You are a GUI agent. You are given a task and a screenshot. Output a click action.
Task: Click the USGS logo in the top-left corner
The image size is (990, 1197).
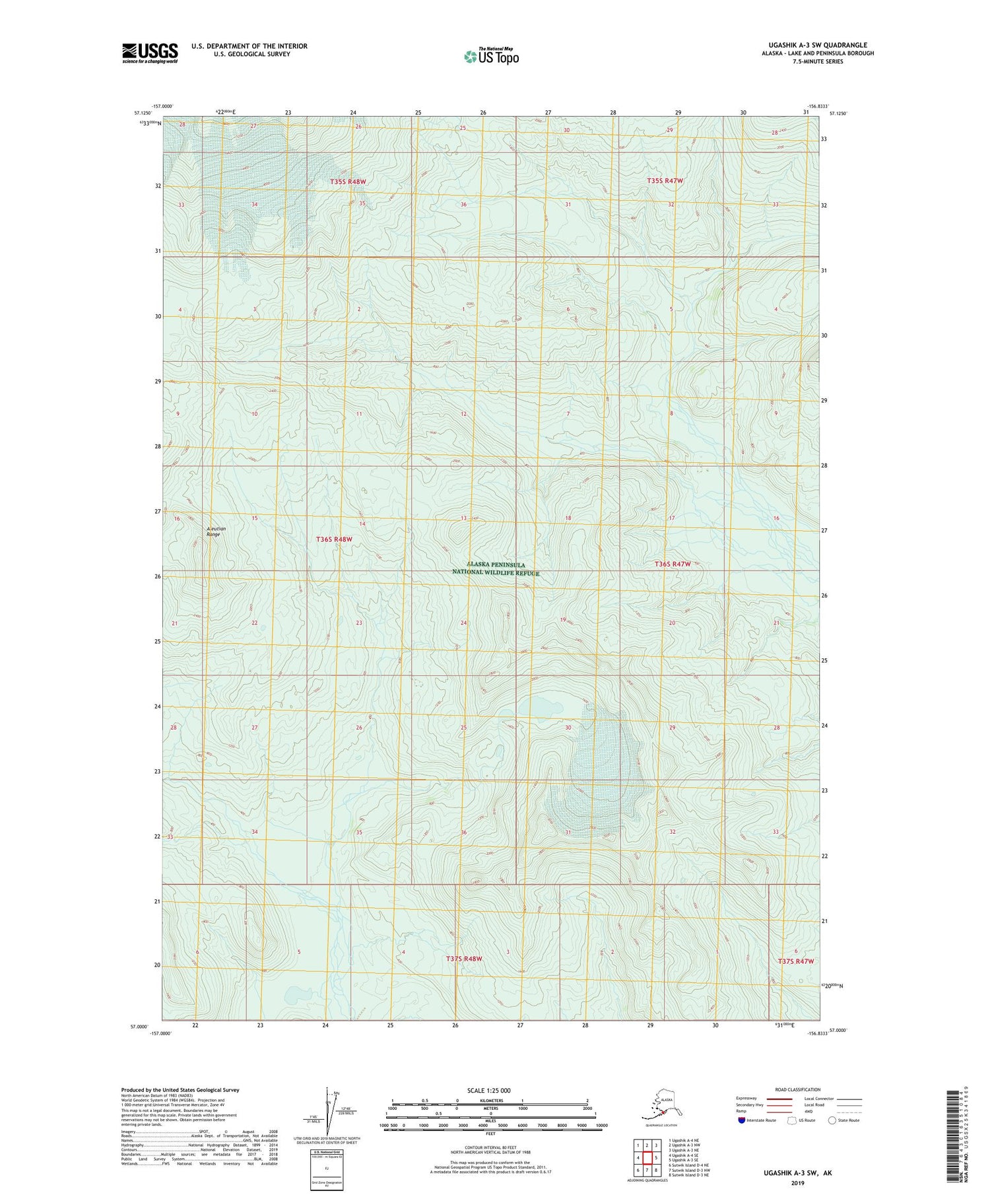click(x=150, y=53)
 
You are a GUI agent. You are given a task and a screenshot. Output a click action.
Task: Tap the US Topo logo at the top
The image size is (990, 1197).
click(x=491, y=56)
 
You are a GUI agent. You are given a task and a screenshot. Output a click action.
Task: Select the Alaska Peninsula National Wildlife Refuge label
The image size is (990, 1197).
click(x=495, y=568)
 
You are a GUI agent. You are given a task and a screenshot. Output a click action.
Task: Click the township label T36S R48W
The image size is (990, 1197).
click(x=334, y=539)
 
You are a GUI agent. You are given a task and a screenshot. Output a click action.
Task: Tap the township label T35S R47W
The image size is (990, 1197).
click(x=665, y=180)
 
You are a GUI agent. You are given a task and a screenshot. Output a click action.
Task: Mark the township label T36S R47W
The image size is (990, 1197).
click(x=673, y=564)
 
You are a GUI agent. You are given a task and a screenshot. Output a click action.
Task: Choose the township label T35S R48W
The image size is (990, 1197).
click(x=348, y=182)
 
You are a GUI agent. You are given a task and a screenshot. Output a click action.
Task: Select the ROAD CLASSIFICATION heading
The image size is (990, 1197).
click(x=798, y=1089)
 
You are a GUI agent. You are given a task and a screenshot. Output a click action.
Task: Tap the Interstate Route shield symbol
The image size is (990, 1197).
click(x=742, y=1120)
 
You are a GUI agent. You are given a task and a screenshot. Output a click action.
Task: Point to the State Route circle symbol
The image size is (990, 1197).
click(x=832, y=1120)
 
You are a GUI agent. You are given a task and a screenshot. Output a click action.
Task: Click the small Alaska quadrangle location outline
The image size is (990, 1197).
click(x=660, y=1107)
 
